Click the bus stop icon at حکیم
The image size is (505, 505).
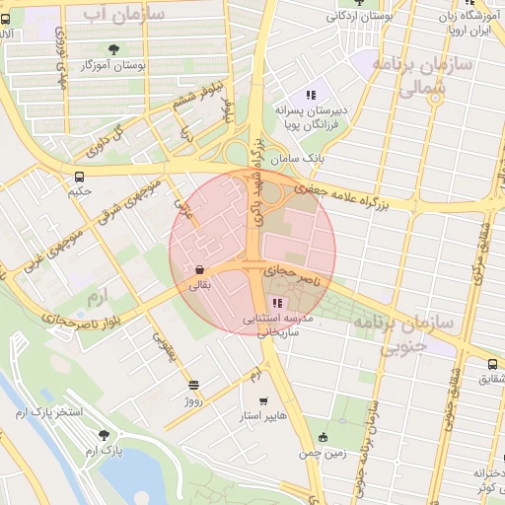(x=78, y=177)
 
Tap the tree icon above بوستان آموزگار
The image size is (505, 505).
(x=115, y=49)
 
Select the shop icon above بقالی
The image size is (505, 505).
(x=200, y=269)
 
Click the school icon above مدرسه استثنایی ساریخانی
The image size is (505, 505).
(x=277, y=303)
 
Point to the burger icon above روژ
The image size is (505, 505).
(x=193, y=385)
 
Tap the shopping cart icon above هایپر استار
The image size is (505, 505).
(x=263, y=400)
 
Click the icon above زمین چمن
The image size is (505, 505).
(x=323, y=437)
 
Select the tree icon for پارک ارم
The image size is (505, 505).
(x=104, y=435)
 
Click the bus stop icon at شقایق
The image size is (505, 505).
(x=493, y=363)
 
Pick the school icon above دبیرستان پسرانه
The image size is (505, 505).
(x=310, y=95)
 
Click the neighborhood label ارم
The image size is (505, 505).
(x=95, y=296)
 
